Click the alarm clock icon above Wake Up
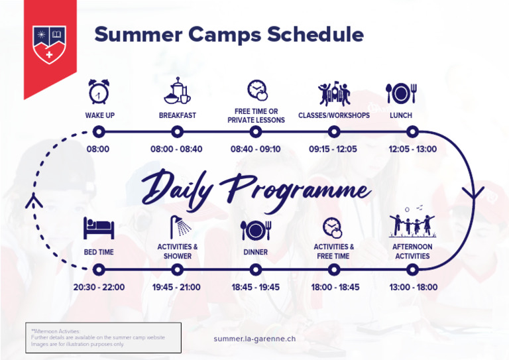99,92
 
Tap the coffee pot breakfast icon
177,92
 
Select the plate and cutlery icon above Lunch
400,93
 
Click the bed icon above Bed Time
99,229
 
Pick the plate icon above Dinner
255,230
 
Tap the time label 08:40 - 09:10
255,149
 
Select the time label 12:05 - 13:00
412,149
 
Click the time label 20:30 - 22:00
99,288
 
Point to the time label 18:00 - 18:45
335,288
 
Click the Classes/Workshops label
333,115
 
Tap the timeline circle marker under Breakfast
177,132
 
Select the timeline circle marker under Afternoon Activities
412,270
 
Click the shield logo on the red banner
50,44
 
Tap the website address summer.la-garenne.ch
254,338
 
